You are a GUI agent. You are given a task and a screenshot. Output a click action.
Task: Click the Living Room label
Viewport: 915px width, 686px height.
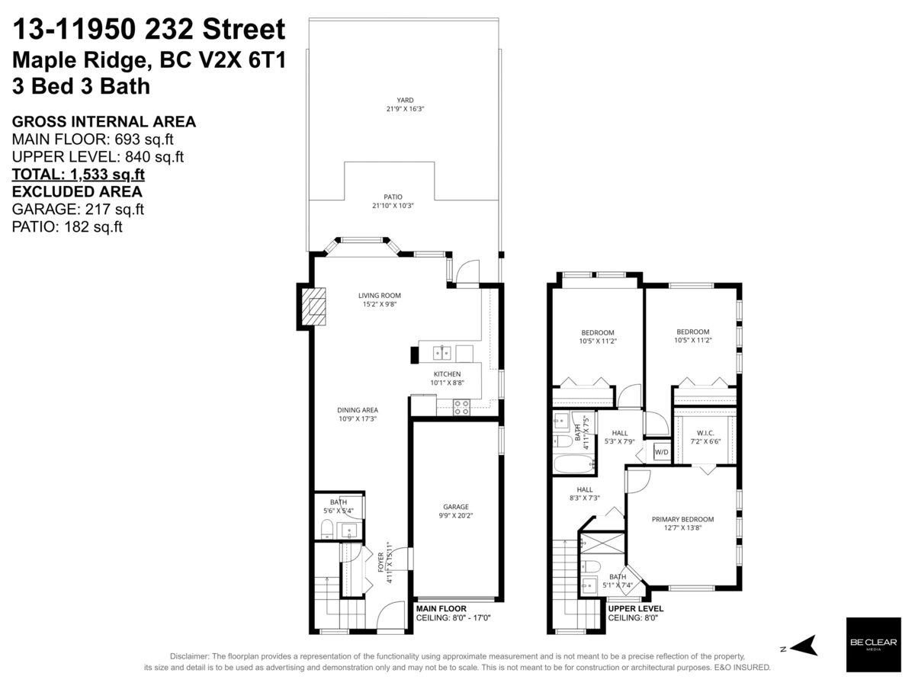click(380, 296)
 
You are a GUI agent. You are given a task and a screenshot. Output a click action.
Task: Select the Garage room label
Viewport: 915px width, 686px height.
click(456, 507)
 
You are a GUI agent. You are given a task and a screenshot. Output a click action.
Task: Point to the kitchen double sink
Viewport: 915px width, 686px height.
click(443, 352)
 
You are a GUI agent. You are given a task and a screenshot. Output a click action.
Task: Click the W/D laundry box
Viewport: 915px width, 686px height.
click(660, 453)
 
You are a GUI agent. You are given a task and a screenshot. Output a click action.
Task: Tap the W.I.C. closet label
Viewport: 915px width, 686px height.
click(705, 432)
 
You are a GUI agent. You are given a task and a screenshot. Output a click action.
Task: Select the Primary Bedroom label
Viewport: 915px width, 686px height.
click(682, 520)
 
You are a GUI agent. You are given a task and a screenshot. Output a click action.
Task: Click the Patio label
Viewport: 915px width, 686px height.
click(393, 197)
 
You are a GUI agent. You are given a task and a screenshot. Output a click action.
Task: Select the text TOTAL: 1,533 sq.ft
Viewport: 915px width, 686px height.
click(79, 174)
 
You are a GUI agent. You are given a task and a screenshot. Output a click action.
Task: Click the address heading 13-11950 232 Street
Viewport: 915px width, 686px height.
click(149, 30)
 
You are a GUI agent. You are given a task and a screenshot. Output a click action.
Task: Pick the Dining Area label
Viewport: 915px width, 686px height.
click(358, 410)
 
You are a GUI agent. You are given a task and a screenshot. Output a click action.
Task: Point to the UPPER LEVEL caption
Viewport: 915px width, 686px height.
click(636, 609)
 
